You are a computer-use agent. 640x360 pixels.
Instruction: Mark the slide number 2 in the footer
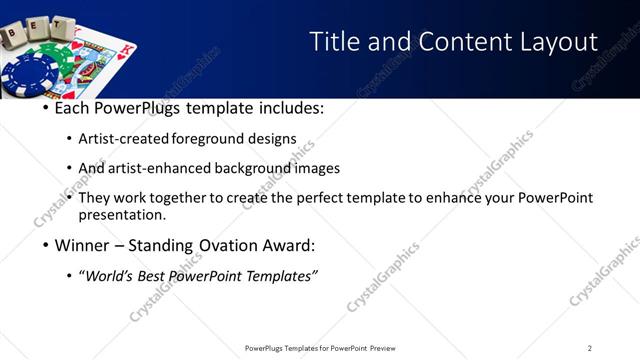pyautogui.click(x=590, y=348)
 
